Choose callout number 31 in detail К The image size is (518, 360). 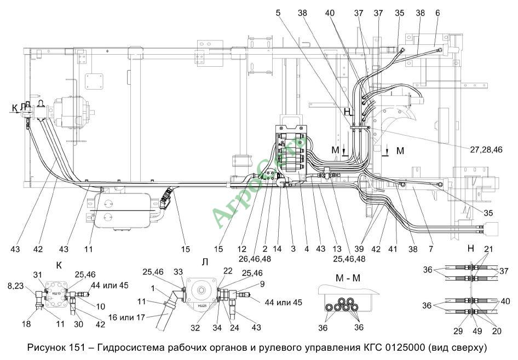tap(37, 275)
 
